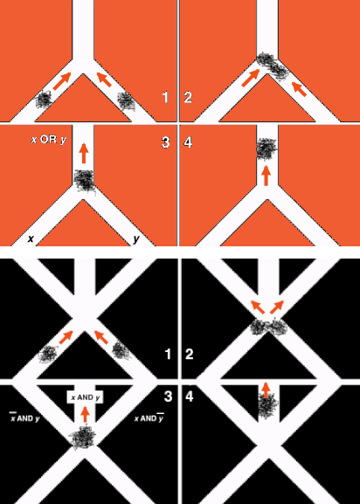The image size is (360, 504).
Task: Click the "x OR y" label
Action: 49,140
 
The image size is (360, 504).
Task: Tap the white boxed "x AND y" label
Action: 85,397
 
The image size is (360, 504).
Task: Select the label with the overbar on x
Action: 24,418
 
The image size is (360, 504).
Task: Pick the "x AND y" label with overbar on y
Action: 149,418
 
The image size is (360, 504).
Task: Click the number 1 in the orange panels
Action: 165,97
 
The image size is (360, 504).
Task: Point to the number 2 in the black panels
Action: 189,354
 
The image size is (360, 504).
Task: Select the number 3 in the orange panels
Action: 165,142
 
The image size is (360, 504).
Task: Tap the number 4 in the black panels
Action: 190,397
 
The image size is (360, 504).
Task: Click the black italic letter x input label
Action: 31,238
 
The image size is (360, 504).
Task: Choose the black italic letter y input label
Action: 136,239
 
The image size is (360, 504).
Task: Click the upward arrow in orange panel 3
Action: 84,153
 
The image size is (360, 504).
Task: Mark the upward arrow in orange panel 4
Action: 266,176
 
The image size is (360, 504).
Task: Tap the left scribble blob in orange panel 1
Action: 44,100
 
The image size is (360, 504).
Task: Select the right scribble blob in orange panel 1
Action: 126,101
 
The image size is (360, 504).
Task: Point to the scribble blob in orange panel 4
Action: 267,148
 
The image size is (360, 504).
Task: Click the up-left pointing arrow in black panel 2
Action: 258,307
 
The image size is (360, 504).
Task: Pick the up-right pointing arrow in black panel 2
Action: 277,307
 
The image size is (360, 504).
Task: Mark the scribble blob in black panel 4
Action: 267,405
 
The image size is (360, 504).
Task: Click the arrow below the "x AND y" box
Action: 85,414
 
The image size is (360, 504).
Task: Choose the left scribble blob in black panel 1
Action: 47,354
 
